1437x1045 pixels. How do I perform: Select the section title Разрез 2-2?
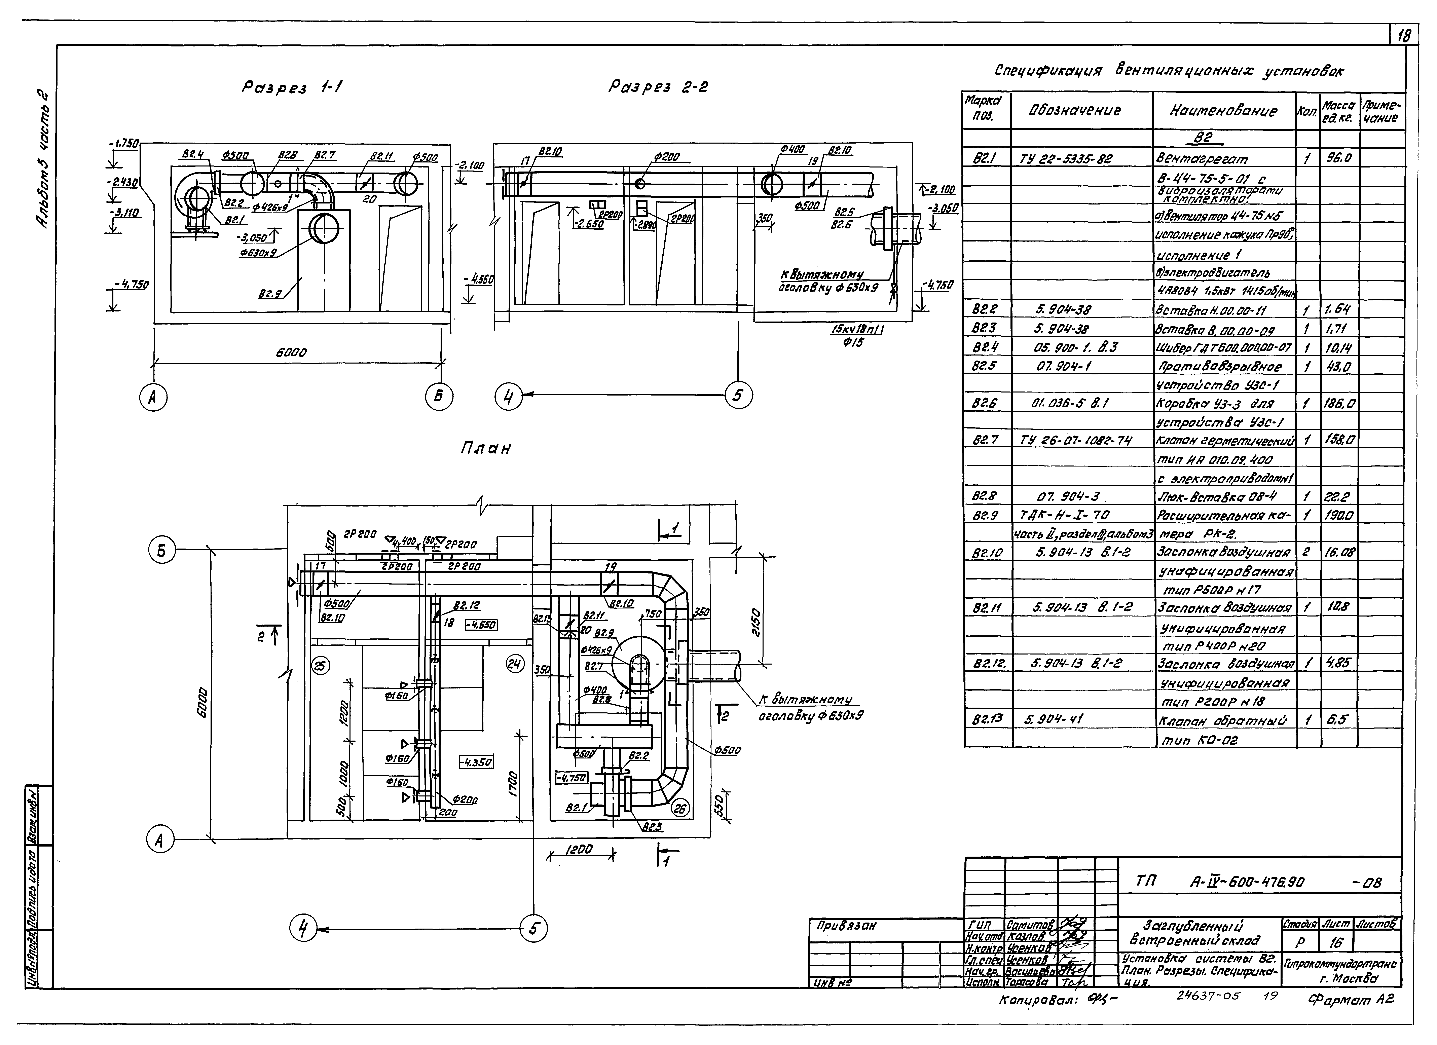tap(658, 87)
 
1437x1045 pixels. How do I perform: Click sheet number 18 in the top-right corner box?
tap(1403, 37)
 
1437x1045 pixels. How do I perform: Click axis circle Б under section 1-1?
tap(438, 397)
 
